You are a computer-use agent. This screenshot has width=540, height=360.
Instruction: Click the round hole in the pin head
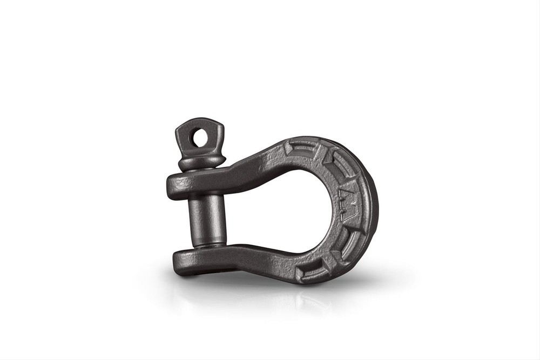pos(201,139)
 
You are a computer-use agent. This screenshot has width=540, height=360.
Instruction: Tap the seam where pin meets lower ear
pos(208,246)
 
